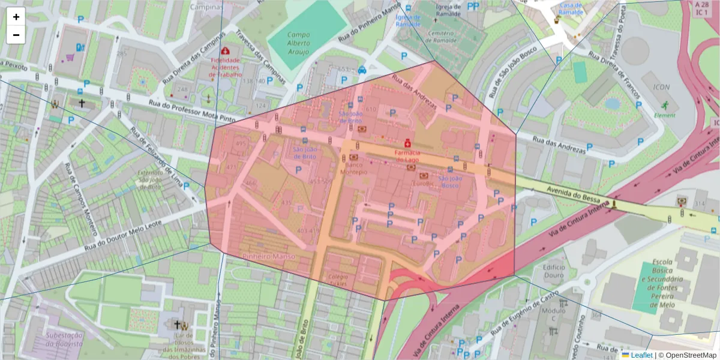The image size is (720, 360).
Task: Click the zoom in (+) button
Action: (x=16, y=17)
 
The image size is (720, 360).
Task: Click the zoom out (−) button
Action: (x=16, y=35)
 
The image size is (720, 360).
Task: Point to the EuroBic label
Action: (x=424, y=184)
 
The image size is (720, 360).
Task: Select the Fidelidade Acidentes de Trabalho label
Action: (x=226, y=67)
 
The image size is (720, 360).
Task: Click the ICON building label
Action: (x=661, y=87)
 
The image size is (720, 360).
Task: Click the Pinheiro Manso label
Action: (x=269, y=256)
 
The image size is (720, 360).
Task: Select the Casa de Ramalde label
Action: (x=571, y=8)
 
